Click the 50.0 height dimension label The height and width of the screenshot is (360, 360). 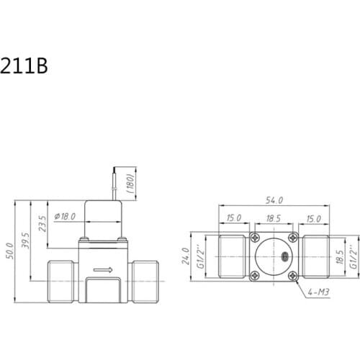coord(9,251)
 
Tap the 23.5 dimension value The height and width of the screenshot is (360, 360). coord(42,222)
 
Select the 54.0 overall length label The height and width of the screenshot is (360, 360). coord(274,200)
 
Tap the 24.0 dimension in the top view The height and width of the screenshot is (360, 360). coord(185,256)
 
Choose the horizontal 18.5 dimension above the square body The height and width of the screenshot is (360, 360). coord(273,217)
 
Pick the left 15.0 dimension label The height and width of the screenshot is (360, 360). coord(233,217)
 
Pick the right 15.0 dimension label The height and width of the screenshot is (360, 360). coord(314,217)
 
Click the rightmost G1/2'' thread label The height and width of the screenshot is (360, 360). coord(354,256)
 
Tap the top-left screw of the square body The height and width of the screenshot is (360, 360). coord(254,238)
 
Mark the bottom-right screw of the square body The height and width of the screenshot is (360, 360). coord(292,275)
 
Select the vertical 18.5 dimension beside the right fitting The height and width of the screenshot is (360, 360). coord(340,256)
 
